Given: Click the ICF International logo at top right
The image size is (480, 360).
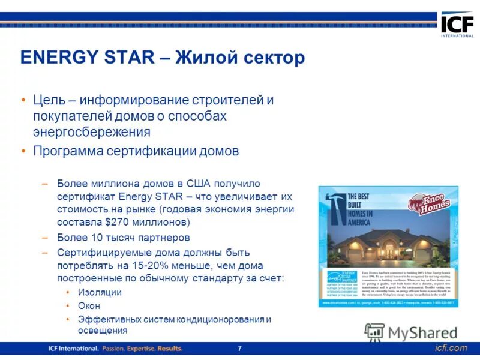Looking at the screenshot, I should (x=457, y=25).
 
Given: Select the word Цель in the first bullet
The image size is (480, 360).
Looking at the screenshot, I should (x=49, y=100).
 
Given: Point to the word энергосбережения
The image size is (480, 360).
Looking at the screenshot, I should (x=92, y=131).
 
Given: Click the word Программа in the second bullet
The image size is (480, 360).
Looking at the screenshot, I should (x=67, y=151).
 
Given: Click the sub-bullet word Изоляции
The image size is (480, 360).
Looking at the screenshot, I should (x=100, y=292).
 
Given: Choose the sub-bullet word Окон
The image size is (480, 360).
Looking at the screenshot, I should (x=88, y=306).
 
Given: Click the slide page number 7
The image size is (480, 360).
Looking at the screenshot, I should (x=239, y=349).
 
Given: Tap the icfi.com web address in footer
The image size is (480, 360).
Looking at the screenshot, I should (x=451, y=349).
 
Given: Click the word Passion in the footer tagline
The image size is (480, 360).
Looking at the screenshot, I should (x=118, y=349).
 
